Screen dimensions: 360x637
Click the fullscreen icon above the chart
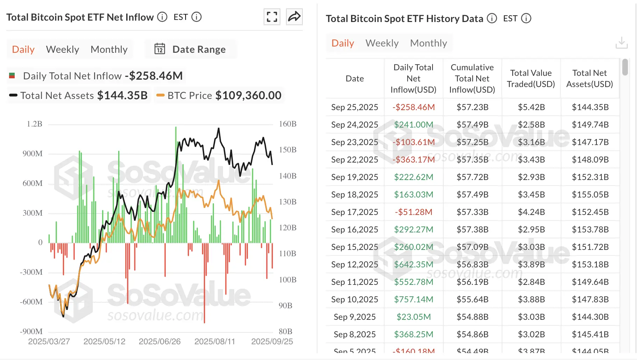click(272, 17)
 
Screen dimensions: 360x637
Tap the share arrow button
click(294, 17)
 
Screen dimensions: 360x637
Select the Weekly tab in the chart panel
click(63, 49)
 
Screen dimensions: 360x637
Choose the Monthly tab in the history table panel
click(428, 43)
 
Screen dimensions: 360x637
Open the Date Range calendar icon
click(160, 49)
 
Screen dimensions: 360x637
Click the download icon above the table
click(621, 43)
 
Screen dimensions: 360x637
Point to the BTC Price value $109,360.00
click(248, 95)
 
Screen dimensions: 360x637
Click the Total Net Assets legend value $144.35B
click(122, 95)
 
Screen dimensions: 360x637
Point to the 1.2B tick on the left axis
click(34, 124)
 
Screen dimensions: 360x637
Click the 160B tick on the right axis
click(287, 124)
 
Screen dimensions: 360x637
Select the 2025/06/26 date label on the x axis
click(159, 341)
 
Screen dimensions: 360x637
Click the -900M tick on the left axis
click(31, 331)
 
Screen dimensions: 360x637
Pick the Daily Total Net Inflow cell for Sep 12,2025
click(413, 265)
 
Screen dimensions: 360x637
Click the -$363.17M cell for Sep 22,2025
click(413, 160)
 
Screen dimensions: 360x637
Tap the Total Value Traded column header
click(531, 79)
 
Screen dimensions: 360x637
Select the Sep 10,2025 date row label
click(355, 300)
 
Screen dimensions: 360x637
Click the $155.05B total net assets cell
click(590, 195)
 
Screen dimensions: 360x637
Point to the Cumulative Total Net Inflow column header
click(472, 79)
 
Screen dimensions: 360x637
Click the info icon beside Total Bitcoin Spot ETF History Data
click(492, 19)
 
